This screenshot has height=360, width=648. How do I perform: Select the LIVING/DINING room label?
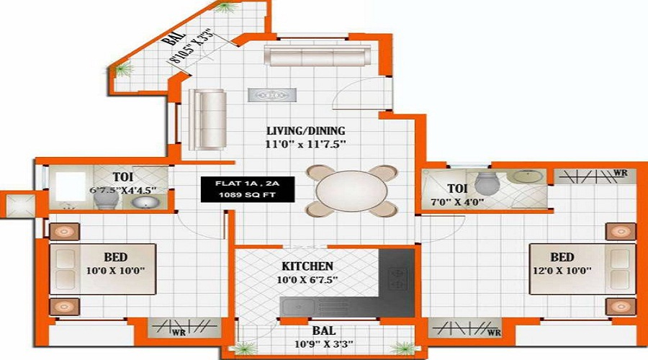[x=306, y=131]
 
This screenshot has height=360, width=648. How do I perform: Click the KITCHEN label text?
[x=307, y=266]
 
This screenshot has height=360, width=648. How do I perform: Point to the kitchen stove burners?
[x=396, y=276]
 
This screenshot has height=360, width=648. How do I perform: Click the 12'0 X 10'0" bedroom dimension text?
[x=561, y=271]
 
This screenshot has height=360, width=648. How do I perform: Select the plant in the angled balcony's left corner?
[x=125, y=69]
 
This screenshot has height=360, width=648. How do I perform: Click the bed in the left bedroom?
[x=102, y=269]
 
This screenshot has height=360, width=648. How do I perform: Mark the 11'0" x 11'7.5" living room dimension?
[x=306, y=144]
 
